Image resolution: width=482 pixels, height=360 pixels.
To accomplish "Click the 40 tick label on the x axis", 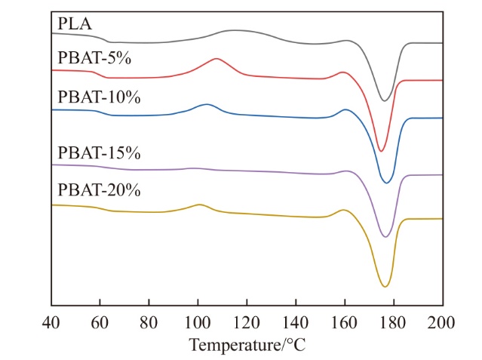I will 51,324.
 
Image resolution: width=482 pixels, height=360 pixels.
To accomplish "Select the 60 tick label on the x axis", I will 100,324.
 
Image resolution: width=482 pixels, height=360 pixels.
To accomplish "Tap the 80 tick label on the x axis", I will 149,324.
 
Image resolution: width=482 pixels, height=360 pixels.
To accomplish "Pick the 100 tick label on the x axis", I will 198,324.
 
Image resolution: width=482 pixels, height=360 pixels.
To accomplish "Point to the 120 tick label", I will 247,324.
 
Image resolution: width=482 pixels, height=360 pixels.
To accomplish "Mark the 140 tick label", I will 296,324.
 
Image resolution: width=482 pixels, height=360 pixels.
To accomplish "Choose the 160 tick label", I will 345,324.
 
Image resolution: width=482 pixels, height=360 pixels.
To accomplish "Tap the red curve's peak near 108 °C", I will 217,58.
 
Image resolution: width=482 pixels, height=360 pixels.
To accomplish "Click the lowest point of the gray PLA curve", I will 384,100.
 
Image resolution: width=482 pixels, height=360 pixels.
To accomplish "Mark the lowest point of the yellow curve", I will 385,287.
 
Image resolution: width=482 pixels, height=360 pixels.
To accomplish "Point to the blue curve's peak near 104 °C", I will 207,103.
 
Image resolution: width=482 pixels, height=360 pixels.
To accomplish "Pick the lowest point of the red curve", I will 381,151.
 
